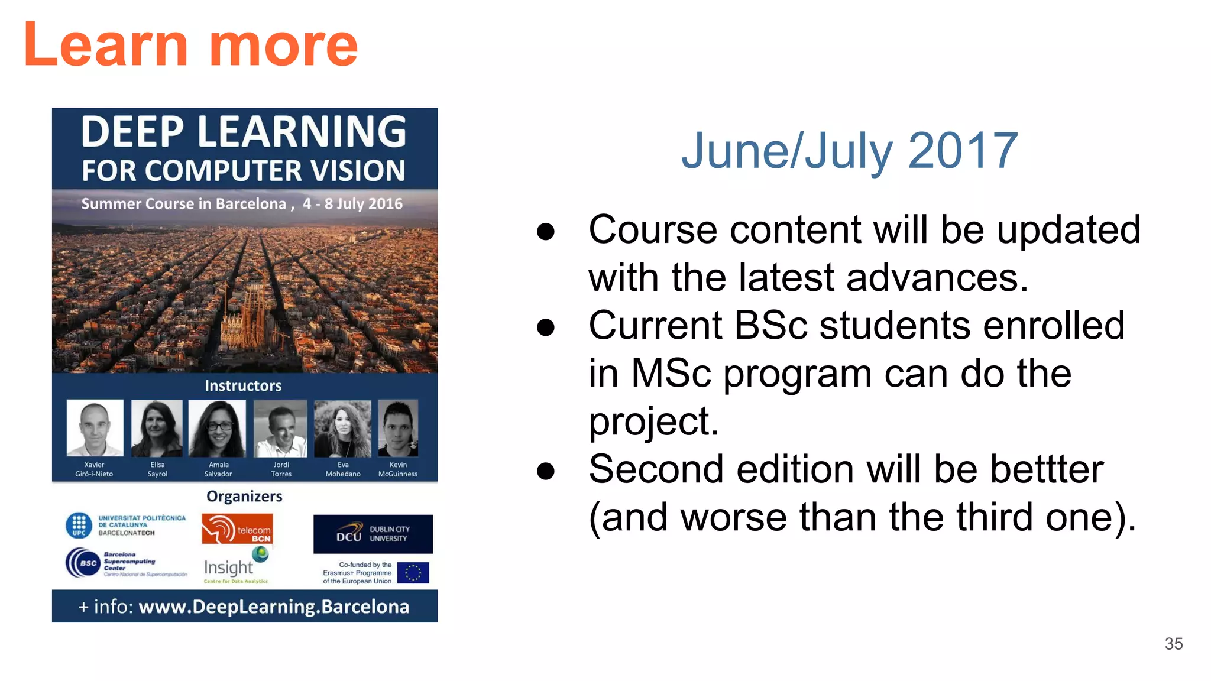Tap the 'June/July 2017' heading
click(x=849, y=151)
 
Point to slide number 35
click(x=1173, y=644)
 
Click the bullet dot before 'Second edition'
click(x=545, y=471)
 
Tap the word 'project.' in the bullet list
click(x=653, y=421)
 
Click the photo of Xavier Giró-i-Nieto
click(x=95, y=427)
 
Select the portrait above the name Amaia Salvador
click(x=217, y=428)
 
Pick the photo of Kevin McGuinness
click(x=398, y=428)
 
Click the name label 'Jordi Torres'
click(x=281, y=469)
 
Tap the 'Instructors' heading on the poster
click(x=243, y=386)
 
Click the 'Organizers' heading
click(x=244, y=497)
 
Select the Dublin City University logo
click(x=373, y=534)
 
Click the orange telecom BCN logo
click(x=237, y=529)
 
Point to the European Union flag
click(x=413, y=572)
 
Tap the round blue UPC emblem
click(x=79, y=525)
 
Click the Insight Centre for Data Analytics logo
click(x=235, y=566)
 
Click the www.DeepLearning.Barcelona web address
click(x=274, y=607)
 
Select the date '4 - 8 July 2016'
click(x=352, y=204)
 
